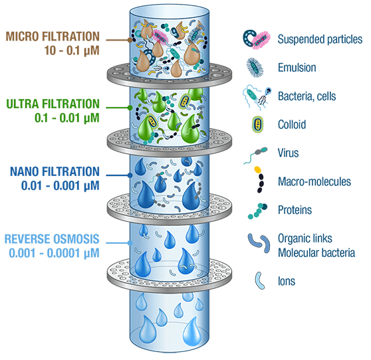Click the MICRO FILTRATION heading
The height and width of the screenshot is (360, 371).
coord(53,37)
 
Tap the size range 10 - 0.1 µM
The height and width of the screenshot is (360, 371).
coord(72,50)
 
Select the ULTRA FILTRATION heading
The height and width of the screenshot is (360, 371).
coord(53,104)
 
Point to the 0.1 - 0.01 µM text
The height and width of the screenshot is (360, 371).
coord(67,118)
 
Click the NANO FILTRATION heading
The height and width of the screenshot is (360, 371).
coord(55,171)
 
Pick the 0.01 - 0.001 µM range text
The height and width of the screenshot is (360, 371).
coord(61,185)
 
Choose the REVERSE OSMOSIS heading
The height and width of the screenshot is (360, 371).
coord(52,239)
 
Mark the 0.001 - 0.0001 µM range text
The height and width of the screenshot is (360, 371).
coord(54,253)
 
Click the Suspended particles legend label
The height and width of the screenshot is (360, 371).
coord(320,39)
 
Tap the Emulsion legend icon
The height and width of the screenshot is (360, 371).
coord(255,68)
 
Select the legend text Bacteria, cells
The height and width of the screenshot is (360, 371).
coord(307,96)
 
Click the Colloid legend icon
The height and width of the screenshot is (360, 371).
coord(257,125)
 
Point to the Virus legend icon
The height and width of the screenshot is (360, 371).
coord(256,155)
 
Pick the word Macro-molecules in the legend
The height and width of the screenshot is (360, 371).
coord(314,181)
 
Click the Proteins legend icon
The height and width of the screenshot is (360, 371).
coord(257,211)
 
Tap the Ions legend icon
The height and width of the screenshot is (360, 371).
coord(259,280)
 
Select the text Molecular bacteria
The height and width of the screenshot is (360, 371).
coord(316,253)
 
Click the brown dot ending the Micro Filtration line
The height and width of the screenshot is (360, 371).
coord(130,40)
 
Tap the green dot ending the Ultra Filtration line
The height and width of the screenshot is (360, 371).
coord(130,108)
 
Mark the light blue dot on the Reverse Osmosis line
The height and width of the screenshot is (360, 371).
coord(130,242)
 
